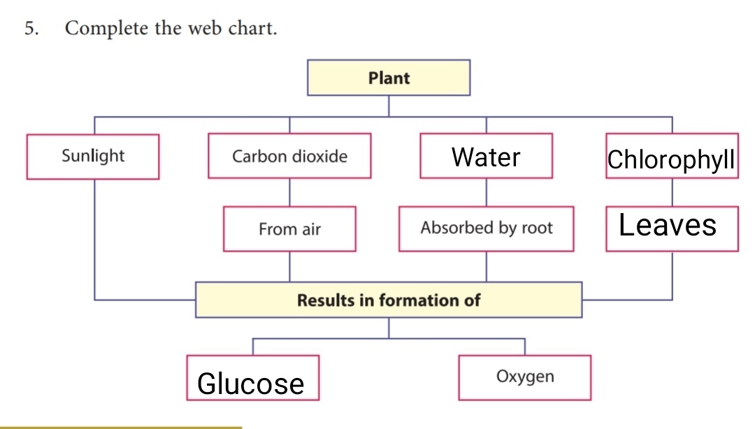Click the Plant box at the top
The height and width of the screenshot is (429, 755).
pyautogui.click(x=389, y=78)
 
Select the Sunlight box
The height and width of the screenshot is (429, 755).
pyautogui.click(x=93, y=156)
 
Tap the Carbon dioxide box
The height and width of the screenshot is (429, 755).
pyautogui.click(x=289, y=156)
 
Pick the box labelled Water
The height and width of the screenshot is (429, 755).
pyautogui.click(x=486, y=157)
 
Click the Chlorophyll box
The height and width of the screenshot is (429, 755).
pyautogui.click(x=671, y=158)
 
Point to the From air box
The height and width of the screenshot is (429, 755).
pyautogui.click(x=289, y=228)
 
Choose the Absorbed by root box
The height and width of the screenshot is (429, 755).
pyautogui.click(x=486, y=228)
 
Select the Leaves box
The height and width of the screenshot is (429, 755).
pyautogui.click(x=671, y=227)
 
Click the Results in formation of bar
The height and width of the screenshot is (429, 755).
pyautogui.click(x=389, y=300)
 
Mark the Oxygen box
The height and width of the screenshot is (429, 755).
pyautogui.click(x=524, y=377)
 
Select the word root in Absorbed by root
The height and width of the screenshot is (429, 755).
pyautogui.click(x=537, y=228)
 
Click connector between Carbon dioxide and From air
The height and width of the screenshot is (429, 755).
pyautogui.click(x=289, y=192)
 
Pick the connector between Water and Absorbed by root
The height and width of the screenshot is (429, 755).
pyautogui.click(x=486, y=192)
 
